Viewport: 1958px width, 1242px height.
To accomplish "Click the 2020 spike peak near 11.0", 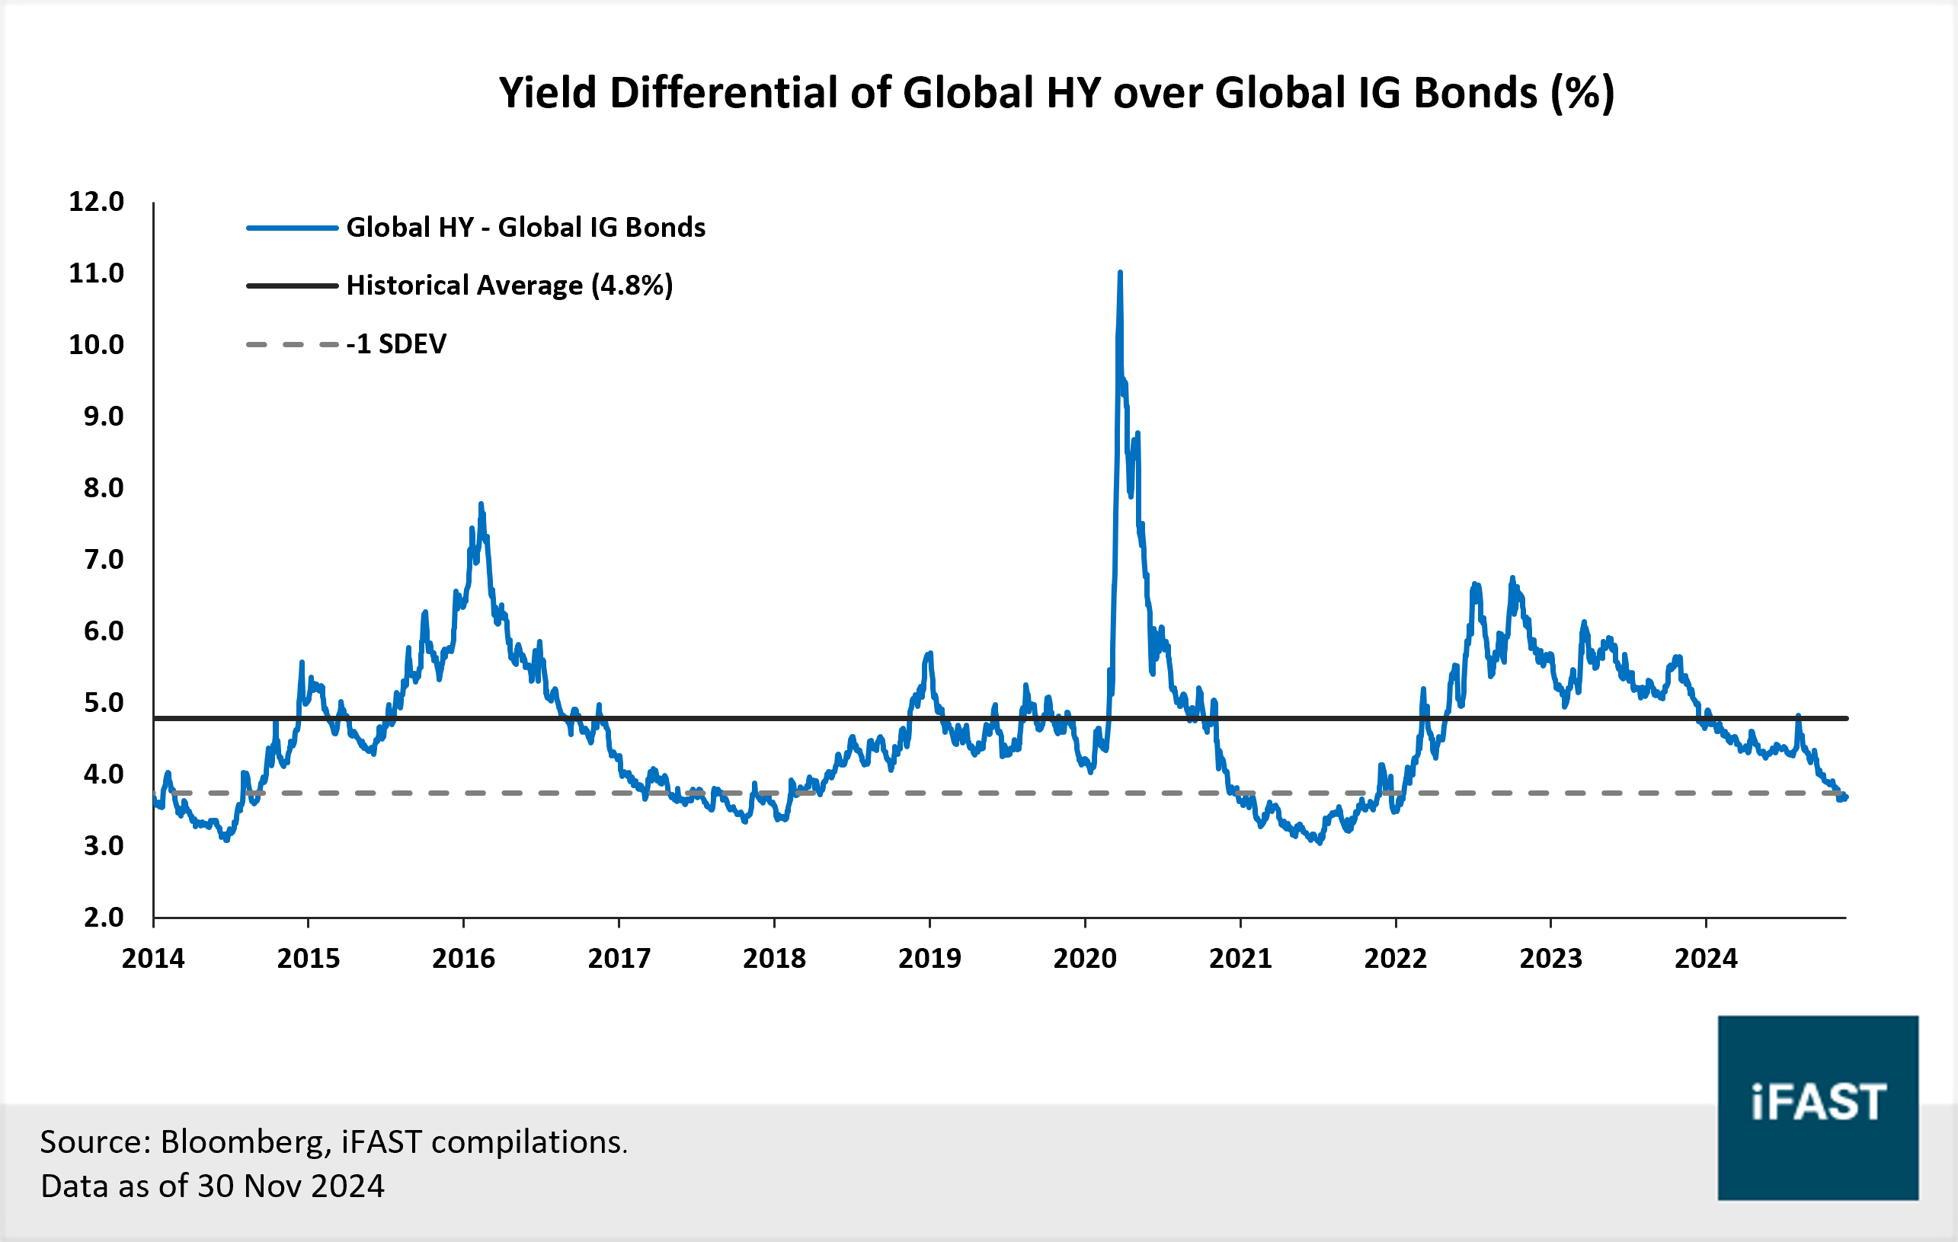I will click(x=1121, y=274).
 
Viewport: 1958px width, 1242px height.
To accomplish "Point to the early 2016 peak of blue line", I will click(x=481, y=506).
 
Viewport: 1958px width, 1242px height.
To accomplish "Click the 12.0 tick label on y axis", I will click(x=96, y=202).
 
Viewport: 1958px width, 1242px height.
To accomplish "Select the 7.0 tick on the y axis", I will click(x=104, y=559).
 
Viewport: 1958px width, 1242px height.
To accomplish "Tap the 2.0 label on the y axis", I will click(x=104, y=917).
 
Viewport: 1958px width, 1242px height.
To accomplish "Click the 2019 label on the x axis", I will click(x=929, y=958).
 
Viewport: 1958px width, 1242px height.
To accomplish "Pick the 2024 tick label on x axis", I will click(x=1706, y=958).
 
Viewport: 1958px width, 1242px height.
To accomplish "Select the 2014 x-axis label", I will click(x=153, y=958).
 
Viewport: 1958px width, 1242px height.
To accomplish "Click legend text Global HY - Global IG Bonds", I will click(x=525, y=228).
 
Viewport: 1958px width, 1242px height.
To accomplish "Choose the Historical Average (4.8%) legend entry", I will click(x=509, y=286).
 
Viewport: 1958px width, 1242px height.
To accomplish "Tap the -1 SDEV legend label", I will click(x=396, y=344).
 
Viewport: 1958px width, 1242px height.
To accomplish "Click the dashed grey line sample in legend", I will click(x=292, y=345).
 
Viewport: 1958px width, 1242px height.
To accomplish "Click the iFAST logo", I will click(x=1818, y=1107).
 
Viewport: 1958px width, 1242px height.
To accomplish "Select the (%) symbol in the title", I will click(x=1582, y=93).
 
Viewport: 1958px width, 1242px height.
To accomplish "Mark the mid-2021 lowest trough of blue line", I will click(x=1319, y=842).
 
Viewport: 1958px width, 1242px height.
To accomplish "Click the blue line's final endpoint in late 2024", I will click(x=1846, y=797).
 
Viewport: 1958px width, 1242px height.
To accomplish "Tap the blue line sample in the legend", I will click(x=292, y=228).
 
